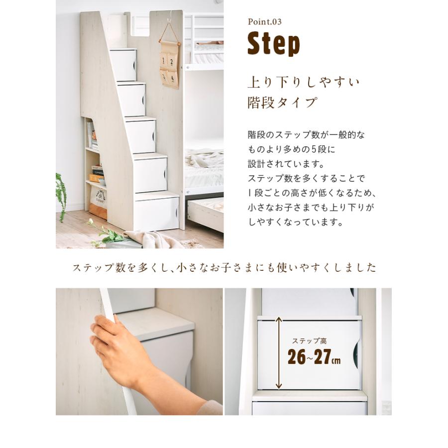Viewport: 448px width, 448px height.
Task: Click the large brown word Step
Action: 274,44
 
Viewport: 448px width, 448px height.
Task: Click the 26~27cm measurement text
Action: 314,357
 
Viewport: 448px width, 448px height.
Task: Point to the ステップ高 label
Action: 309,341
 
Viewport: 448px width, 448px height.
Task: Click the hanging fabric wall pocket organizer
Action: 169,64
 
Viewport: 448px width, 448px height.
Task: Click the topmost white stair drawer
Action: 123,65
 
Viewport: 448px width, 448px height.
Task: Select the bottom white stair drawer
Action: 156,213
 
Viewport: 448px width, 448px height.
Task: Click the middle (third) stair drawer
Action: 140,136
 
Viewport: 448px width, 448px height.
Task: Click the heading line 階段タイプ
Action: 282,103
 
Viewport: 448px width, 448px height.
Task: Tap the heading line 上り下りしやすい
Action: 303,82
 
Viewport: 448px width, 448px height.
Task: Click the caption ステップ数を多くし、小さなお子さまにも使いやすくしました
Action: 224,267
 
